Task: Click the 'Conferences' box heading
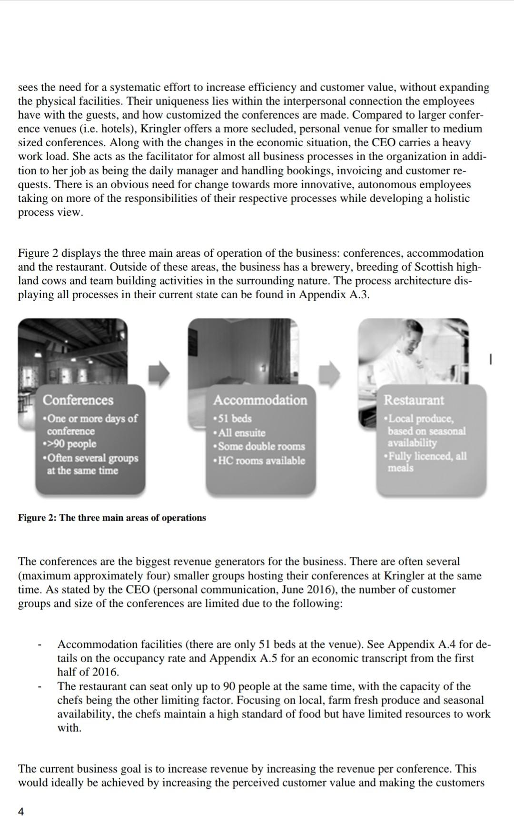pyautogui.click(x=78, y=400)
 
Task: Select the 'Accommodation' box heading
pyautogui.click(x=260, y=400)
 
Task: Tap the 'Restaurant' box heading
pyautogui.click(x=414, y=400)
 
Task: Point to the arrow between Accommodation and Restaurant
pyautogui.click(x=329, y=373)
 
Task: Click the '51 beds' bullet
pyautogui.click(x=233, y=419)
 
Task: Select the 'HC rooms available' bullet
pyautogui.click(x=260, y=461)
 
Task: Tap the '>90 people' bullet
pyautogui.click(x=69, y=444)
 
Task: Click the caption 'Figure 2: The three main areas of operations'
pyautogui.click(x=112, y=518)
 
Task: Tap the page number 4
pyautogui.click(x=20, y=811)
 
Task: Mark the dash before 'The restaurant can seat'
pyautogui.click(x=40, y=687)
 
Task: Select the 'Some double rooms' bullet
pyautogui.click(x=260, y=447)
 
